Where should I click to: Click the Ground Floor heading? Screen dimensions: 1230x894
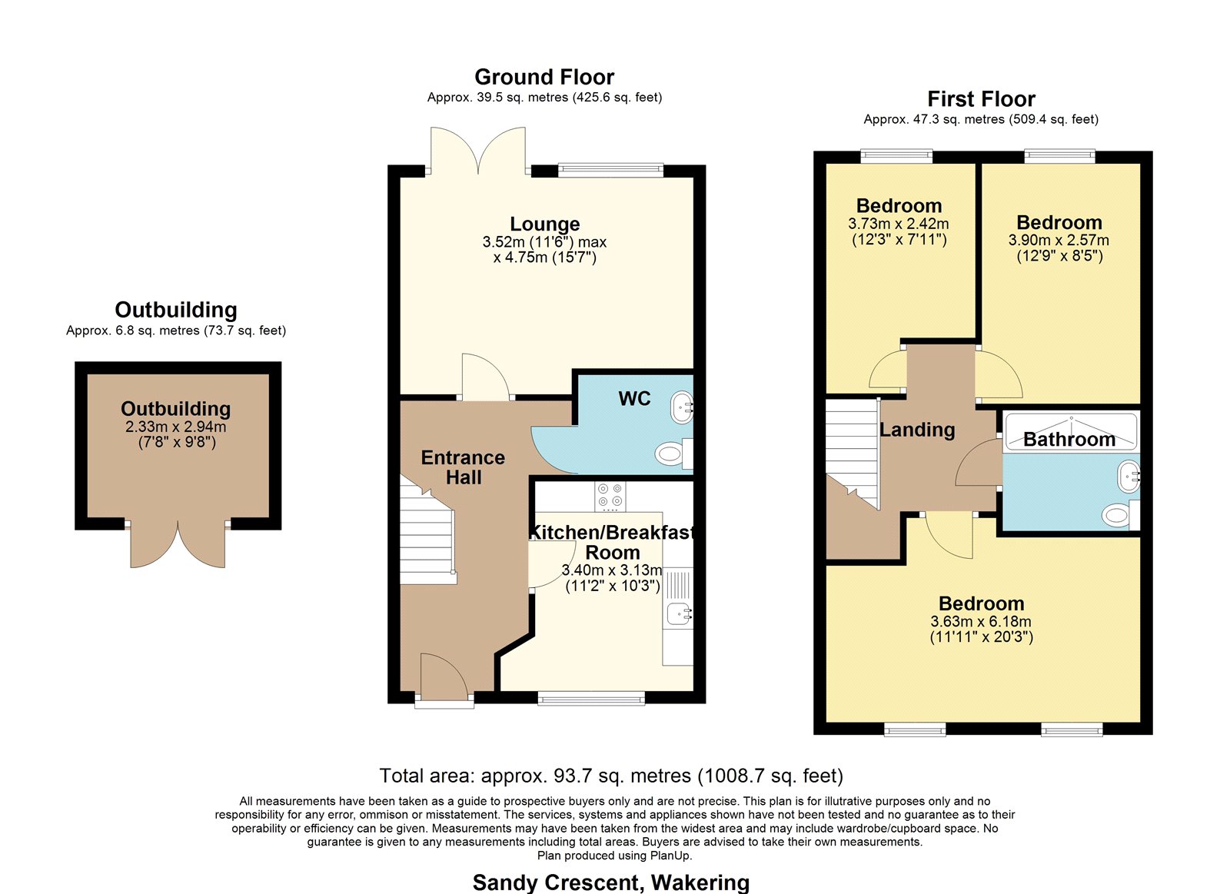click(544, 77)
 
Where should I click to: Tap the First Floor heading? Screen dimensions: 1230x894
click(981, 99)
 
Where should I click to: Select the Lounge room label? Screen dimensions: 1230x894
click(545, 224)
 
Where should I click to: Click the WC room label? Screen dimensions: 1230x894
click(634, 399)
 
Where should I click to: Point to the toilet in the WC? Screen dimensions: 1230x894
click(673, 454)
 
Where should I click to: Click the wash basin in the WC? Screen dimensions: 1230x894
click(682, 407)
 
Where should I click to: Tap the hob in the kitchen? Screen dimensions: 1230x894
click(610, 497)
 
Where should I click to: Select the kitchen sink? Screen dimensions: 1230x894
click(680, 615)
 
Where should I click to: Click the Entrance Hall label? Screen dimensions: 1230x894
click(463, 467)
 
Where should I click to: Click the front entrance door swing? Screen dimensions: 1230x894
click(444, 675)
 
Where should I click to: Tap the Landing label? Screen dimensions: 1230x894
click(917, 430)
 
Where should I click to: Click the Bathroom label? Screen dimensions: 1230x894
click(1069, 439)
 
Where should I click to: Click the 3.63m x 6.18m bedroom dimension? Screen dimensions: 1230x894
click(981, 622)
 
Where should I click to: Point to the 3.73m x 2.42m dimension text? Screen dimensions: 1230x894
click(899, 224)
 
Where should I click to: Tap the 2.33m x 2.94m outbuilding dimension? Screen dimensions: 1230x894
click(176, 427)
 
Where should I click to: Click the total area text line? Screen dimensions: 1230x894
click(611, 776)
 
